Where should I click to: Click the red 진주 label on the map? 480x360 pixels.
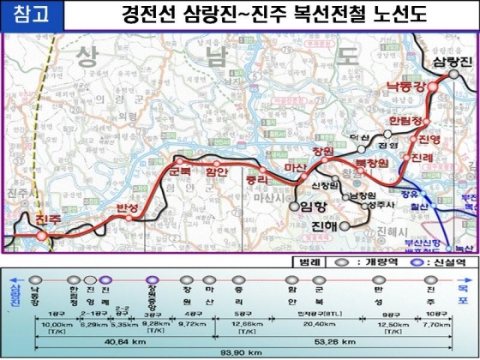(x=50, y=222)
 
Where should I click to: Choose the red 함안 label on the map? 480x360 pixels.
(x=215, y=171)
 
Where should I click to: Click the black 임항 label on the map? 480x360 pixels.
(x=315, y=207)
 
